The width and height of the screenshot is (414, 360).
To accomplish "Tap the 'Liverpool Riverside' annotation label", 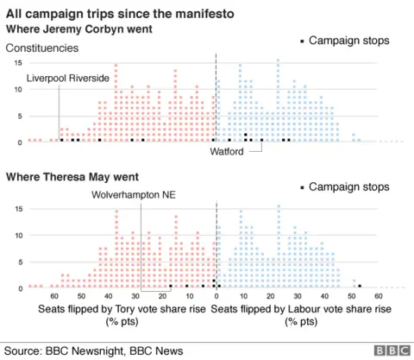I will click(x=68, y=79).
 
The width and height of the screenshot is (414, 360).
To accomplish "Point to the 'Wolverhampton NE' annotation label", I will click(x=134, y=195).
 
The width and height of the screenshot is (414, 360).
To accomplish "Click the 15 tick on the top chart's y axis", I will click(x=17, y=64).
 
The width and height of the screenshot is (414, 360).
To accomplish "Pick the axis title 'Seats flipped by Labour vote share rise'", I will click(x=301, y=308).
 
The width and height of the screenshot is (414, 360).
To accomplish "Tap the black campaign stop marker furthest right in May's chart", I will click(x=360, y=286).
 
